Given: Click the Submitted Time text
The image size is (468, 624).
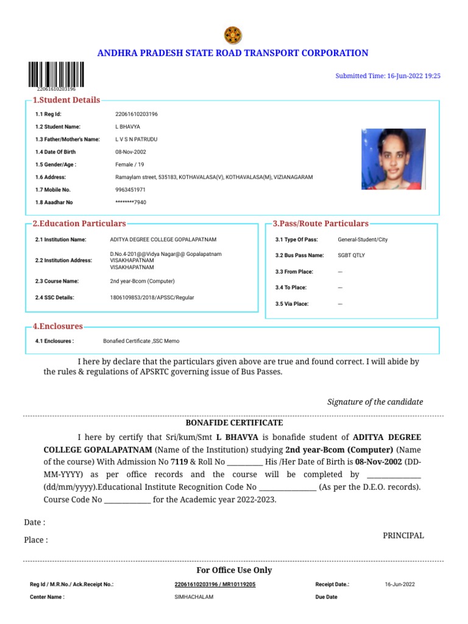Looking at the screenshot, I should pos(388,76).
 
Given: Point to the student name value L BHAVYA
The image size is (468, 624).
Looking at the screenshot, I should pos(127,127).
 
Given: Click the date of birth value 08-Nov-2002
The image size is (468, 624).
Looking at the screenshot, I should pos(130,152).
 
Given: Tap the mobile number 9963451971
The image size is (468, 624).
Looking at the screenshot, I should pos(130,190).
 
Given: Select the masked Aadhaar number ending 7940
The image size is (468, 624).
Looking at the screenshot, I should pos(130,202).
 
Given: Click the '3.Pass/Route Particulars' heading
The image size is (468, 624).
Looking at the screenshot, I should pos(321,224).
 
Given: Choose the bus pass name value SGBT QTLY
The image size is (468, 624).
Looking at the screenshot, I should pos(351,255).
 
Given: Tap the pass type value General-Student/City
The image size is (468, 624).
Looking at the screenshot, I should pos(363,239).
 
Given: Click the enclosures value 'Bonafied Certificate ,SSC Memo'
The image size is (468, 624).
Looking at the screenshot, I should pos(141,341).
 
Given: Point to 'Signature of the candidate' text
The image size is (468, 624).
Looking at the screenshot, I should pos(375,402).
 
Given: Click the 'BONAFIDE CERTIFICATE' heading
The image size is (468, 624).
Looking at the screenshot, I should pos(234,422).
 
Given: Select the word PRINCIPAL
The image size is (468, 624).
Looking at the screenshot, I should pos(403,535).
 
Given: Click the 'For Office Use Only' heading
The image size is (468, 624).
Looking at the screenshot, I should pos(234,570).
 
